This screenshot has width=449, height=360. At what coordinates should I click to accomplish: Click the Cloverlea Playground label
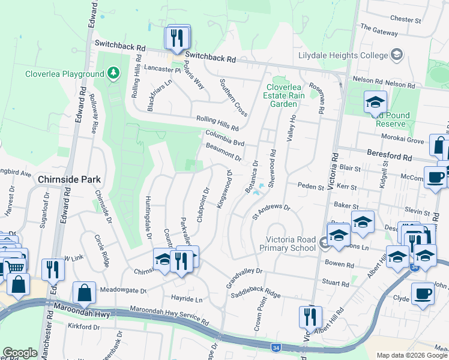(x=64, y=74)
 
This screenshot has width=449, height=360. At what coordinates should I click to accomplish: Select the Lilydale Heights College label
(x=343, y=55)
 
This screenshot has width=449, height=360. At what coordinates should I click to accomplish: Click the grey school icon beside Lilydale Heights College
(x=396, y=55)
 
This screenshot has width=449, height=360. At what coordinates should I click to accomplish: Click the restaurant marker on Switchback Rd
(x=177, y=38)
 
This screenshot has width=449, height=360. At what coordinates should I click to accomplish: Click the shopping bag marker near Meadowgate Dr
(x=84, y=293)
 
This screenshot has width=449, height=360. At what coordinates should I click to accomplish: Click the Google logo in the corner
(x=20, y=353)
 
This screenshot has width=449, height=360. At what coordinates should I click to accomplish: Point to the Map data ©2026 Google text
(x=412, y=355)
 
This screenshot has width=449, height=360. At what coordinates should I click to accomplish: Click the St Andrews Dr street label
(x=271, y=211)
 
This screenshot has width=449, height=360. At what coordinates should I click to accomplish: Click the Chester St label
(x=405, y=19)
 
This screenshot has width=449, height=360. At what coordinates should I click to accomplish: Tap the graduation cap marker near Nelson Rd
(x=375, y=102)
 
